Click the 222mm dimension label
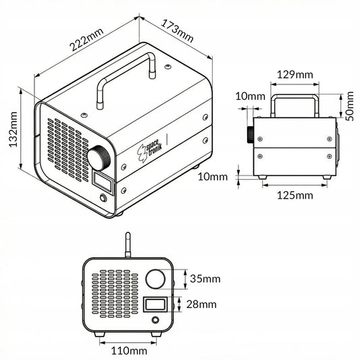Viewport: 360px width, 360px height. click(86, 40)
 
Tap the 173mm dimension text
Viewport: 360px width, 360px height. click(177, 31)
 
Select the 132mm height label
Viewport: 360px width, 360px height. click(13, 129)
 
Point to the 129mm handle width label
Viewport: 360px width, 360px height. click(295, 74)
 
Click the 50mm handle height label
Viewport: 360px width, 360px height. click(350, 106)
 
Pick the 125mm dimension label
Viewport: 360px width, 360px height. click(295, 195)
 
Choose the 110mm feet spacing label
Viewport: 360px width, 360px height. click(129, 351)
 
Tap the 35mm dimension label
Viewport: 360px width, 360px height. click(205, 279)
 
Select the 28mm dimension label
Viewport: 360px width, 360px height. click(201, 305)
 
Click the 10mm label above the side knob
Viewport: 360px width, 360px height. click(251, 97)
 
